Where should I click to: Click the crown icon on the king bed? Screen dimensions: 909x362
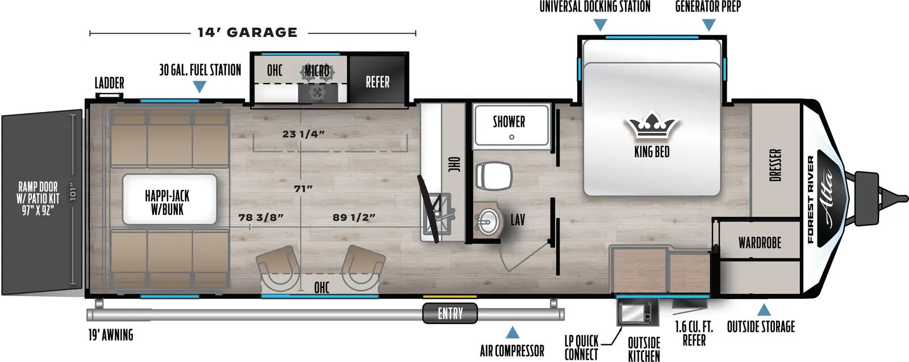pyautogui.click(x=651, y=126)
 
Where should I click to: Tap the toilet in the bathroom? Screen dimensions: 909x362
pyautogui.click(x=494, y=176)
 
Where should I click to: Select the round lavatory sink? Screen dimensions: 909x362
pyautogui.click(x=488, y=222)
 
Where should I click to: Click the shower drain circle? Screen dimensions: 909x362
pyautogui.click(x=512, y=137)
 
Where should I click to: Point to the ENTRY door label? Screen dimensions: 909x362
pyautogui.click(x=450, y=313)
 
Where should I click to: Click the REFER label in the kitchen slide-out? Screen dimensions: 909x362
pyautogui.click(x=377, y=82)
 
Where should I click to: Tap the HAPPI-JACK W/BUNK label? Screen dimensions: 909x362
pyautogui.click(x=167, y=202)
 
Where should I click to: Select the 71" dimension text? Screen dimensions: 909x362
pyautogui.click(x=303, y=189)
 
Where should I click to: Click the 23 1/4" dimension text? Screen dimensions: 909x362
pyautogui.click(x=303, y=134)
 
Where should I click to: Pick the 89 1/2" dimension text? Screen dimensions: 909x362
pyautogui.click(x=354, y=218)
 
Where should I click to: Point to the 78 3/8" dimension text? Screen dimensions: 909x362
pyautogui.click(x=261, y=218)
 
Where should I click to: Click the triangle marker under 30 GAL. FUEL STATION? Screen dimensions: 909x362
pyautogui.click(x=199, y=86)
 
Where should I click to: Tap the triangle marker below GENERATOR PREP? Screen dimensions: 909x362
pyautogui.click(x=708, y=25)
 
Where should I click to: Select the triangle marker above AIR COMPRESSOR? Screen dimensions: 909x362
pyautogui.click(x=512, y=333)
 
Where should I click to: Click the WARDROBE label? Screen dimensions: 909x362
pyautogui.click(x=760, y=243)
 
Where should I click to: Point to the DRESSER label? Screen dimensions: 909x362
pyautogui.click(x=775, y=165)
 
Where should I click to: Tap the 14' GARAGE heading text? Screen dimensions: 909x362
pyautogui.click(x=248, y=32)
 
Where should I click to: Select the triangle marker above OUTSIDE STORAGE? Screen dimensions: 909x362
pyautogui.click(x=764, y=310)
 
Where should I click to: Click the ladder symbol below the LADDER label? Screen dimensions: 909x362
pyautogui.click(x=109, y=96)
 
